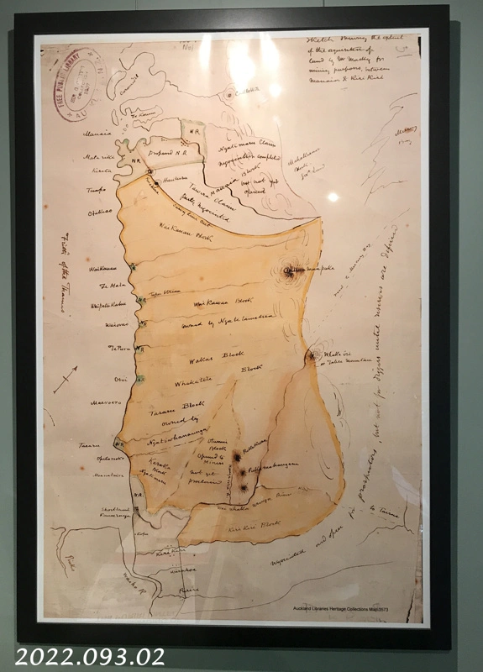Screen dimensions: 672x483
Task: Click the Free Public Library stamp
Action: [x=76, y=83]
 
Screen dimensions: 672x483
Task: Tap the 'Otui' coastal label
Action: [x=96, y=377]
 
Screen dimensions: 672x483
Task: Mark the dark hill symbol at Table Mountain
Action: [x=290, y=270]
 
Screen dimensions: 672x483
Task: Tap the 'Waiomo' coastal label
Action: [x=96, y=325]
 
